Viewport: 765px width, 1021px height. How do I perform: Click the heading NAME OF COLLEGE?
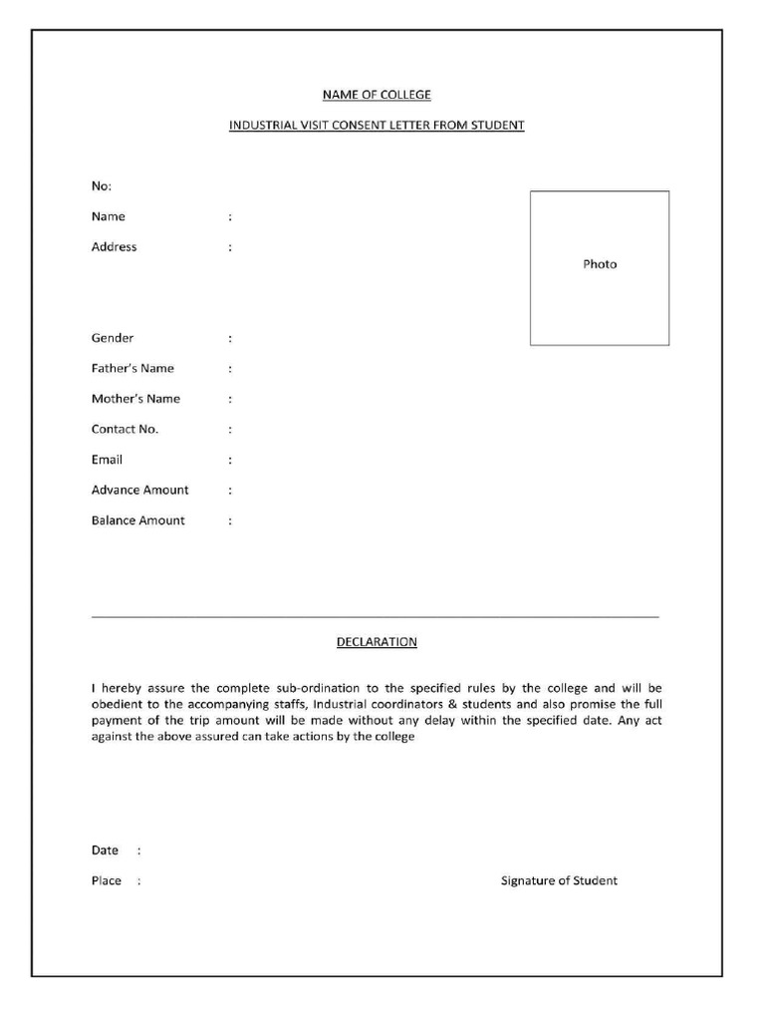[377, 95]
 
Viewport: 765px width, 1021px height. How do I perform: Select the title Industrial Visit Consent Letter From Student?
[377, 126]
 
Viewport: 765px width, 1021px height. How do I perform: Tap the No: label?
[102, 186]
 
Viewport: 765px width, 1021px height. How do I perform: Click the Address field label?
[115, 247]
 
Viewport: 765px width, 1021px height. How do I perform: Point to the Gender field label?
[113, 338]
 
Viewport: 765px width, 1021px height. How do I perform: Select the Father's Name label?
[132, 369]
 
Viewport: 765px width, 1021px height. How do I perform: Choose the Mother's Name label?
[135, 399]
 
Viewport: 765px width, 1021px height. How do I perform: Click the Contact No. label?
[125, 430]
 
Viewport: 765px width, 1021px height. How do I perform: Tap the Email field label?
[107, 460]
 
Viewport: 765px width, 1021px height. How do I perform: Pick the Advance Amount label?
[139, 491]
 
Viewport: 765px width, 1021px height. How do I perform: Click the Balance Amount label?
[137, 520]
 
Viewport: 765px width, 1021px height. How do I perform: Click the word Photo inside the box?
[600, 264]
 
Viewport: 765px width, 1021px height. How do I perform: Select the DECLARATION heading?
[377, 642]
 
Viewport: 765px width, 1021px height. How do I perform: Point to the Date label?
[105, 851]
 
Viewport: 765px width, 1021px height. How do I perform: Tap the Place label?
[106, 880]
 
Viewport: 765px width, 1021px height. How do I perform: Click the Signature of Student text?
[559, 880]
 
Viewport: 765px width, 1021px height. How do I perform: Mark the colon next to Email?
[230, 461]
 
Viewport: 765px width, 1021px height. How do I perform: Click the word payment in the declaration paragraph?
[118, 720]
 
